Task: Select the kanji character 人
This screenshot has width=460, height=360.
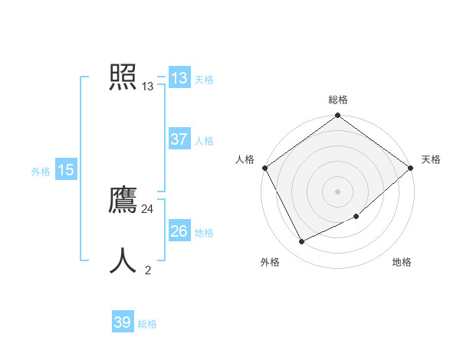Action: click(123, 260)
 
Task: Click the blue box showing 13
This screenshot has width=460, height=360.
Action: click(179, 78)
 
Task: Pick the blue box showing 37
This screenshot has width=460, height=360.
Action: click(179, 139)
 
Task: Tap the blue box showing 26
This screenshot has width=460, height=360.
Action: click(179, 231)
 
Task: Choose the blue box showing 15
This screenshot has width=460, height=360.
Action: click(66, 170)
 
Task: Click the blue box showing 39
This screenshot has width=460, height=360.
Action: click(123, 322)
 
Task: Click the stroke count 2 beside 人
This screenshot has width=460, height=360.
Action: click(148, 270)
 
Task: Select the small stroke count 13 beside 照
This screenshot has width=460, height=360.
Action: click(148, 87)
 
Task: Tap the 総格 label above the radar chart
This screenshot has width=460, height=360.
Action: click(338, 100)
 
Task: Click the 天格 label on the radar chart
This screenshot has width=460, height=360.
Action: click(431, 159)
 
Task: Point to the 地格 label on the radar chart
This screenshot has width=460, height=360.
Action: click(402, 263)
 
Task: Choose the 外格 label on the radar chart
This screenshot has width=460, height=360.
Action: click(270, 263)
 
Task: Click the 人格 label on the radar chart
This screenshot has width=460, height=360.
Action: click(245, 159)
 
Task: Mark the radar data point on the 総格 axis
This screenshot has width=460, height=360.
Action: click(338, 116)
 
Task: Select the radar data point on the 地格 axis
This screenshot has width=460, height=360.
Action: click(356, 216)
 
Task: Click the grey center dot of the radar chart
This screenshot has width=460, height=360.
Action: click(338, 191)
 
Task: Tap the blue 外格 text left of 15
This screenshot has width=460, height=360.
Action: click(41, 172)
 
